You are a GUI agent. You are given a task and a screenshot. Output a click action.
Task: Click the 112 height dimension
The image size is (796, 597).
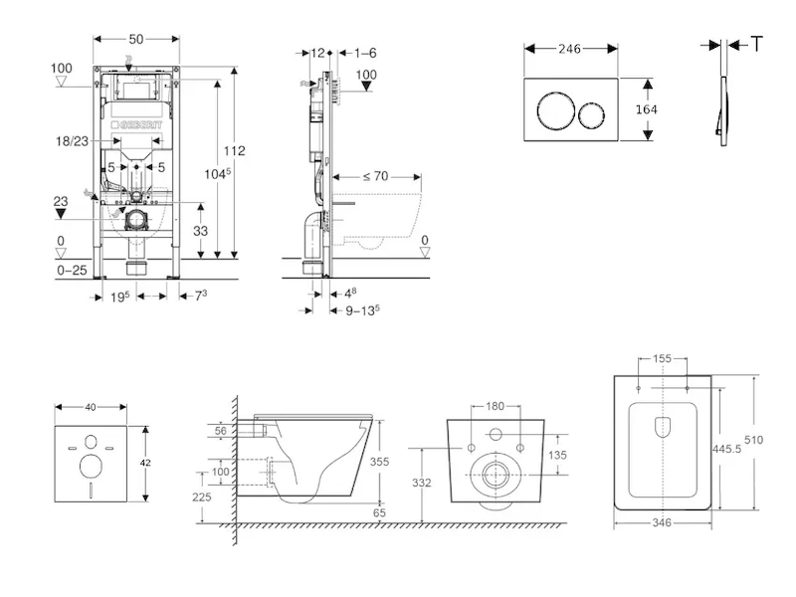235,151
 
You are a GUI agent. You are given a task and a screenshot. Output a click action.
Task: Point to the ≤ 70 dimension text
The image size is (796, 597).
374,176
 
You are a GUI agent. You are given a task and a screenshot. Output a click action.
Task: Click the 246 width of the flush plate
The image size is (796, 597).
570,48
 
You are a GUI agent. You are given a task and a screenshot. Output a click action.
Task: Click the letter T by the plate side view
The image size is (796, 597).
757,43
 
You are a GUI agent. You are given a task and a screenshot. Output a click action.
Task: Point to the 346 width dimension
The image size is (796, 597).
662,521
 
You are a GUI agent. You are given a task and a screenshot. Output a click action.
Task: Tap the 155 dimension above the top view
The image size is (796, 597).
662,358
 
